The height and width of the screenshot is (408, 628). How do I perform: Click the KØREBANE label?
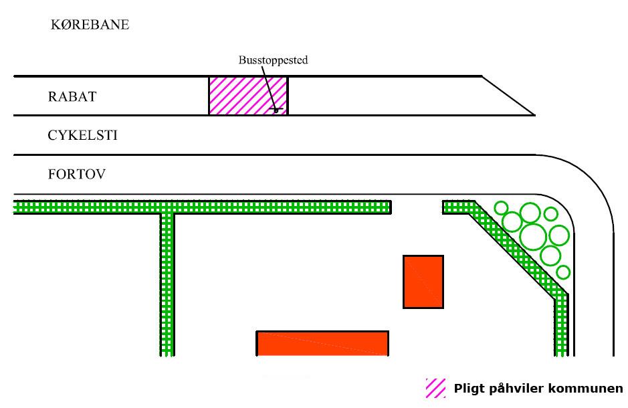coord(90,25)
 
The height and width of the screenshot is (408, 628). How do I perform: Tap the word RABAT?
coord(72,96)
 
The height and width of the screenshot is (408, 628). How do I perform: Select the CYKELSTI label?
coord(82,135)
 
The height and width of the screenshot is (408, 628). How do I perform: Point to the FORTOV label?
coord(77,175)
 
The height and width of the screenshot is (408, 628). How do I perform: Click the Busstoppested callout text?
coord(273,60)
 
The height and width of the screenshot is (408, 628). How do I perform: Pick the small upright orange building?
coord(423,282)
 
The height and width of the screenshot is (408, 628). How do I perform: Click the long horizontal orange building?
coord(322,343)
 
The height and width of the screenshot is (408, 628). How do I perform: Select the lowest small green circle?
coord(563,272)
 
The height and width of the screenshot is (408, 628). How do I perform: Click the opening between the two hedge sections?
coord(417,207)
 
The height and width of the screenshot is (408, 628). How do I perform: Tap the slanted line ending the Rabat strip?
coord(508,95)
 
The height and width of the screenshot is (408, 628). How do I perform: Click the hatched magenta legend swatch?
coord(435,389)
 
